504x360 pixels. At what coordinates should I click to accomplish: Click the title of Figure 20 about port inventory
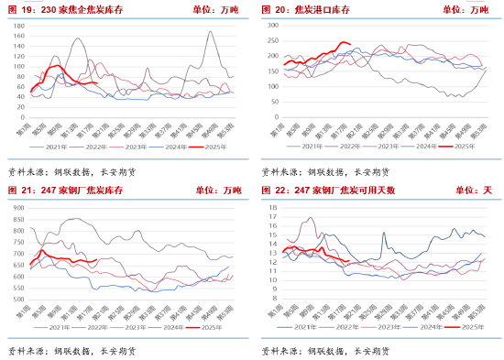(317, 9)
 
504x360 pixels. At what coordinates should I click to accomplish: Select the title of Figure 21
(70, 190)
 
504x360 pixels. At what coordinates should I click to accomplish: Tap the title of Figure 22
(330, 190)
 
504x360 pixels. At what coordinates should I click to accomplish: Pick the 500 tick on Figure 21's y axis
(18, 300)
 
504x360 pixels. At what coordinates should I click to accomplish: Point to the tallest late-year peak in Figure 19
(211, 32)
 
